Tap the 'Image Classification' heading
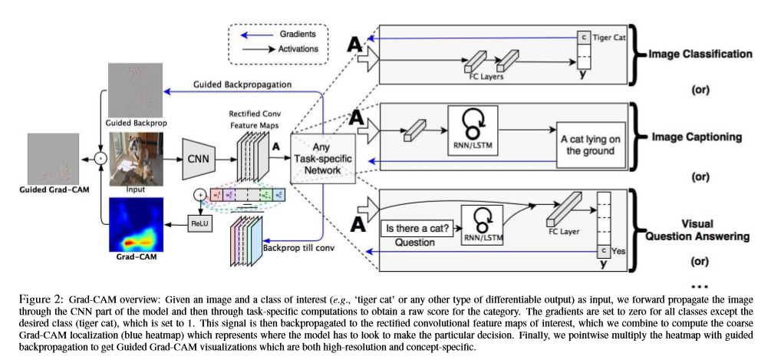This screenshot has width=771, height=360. point(698,55)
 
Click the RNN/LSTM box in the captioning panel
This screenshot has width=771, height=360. point(473,128)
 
